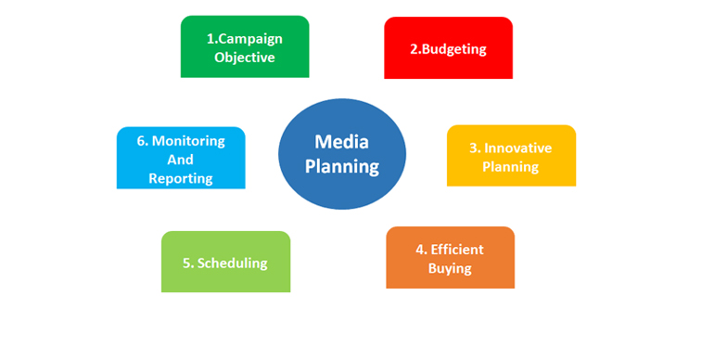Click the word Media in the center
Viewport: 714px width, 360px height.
[x=342, y=142]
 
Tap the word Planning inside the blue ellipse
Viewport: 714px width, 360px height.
[x=342, y=167]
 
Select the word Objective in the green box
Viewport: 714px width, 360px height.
[x=245, y=58]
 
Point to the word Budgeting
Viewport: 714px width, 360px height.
[x=454, y=48]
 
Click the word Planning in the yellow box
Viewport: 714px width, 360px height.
[x=510, y=167]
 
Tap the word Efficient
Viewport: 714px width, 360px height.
[x=458, y=250]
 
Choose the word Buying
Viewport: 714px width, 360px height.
[x=450, y=268]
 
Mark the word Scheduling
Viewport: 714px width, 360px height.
[x=232, y=263]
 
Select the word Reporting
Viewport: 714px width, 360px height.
[x=181, y=178]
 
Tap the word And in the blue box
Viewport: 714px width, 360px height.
[x=181, y=160]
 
